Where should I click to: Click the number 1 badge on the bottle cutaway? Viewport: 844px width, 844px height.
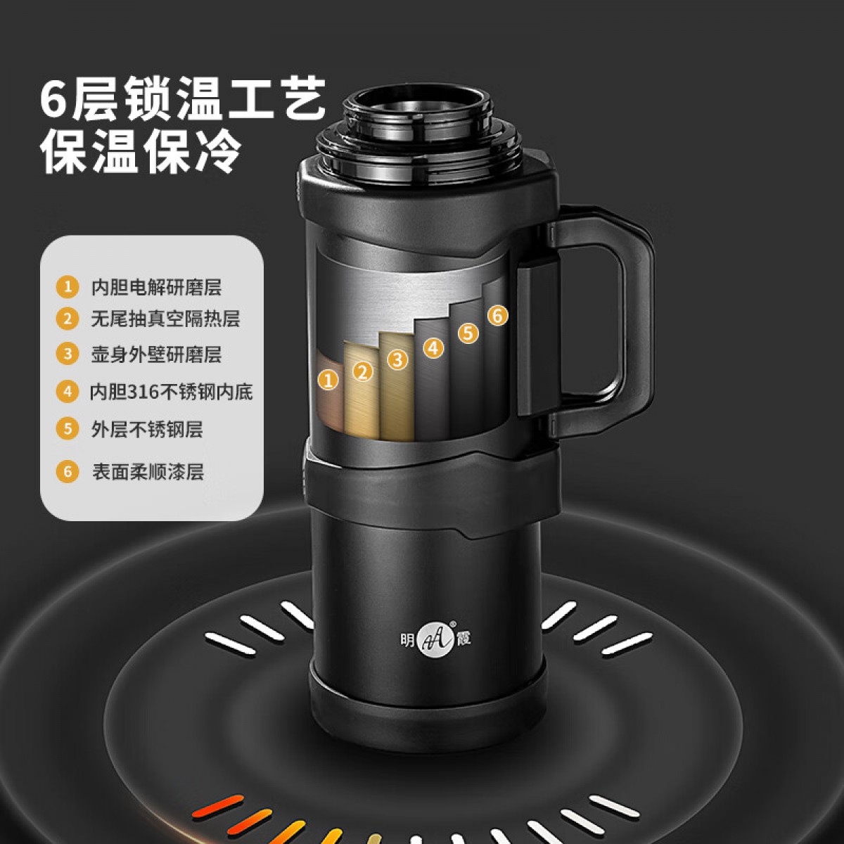328,379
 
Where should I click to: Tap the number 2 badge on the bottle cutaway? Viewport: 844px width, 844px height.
363,371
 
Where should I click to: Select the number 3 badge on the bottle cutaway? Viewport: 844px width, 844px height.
397,359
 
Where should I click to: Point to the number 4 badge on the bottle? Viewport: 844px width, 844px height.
434,347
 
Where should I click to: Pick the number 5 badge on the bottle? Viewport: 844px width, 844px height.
468,333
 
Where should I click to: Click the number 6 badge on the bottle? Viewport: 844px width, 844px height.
497,315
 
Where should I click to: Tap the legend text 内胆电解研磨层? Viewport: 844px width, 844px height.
156,288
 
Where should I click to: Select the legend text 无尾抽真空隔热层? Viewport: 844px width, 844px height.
165,319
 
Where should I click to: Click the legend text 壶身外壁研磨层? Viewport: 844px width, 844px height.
156,354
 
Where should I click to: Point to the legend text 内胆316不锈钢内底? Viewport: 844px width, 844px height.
171,392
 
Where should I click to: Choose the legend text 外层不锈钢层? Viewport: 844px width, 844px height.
147,429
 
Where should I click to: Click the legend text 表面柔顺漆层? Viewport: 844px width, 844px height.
148,472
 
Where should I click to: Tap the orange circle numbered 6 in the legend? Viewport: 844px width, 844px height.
68,472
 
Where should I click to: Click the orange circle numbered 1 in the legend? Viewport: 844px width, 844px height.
68,287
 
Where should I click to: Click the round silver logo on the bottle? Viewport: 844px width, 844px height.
435,640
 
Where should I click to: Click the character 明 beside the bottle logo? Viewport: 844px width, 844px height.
407,640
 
